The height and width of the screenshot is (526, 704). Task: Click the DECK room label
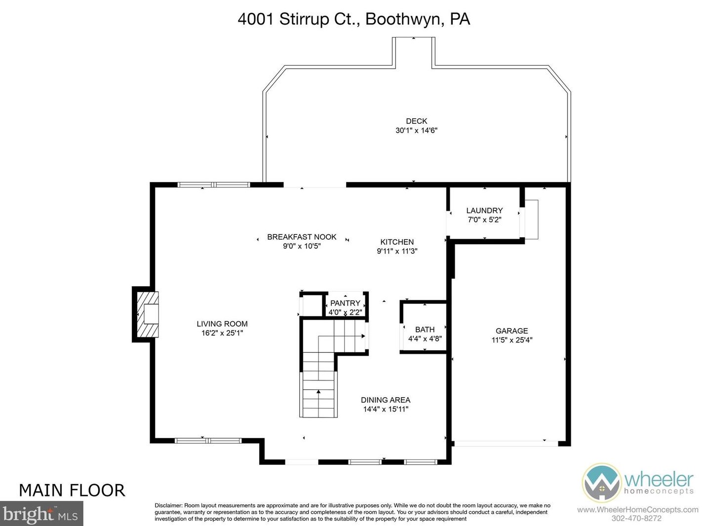416,121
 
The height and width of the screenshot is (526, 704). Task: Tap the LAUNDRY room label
484,211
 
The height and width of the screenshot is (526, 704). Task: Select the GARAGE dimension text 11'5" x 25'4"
512,340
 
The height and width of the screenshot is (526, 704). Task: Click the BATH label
425,330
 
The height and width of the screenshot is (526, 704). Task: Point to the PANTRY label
345,303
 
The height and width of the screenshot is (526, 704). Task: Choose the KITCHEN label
397,242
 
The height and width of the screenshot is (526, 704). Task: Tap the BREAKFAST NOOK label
302,237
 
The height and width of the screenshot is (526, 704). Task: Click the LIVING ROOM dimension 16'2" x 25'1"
222,333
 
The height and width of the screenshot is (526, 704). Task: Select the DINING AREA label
386,400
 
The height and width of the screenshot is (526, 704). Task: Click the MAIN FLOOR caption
72,490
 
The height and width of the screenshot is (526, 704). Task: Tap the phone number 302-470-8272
636,518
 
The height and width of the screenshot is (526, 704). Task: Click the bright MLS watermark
41,514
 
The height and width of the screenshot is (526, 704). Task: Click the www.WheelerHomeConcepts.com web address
638,510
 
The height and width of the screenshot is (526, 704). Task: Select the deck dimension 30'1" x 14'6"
416,130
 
